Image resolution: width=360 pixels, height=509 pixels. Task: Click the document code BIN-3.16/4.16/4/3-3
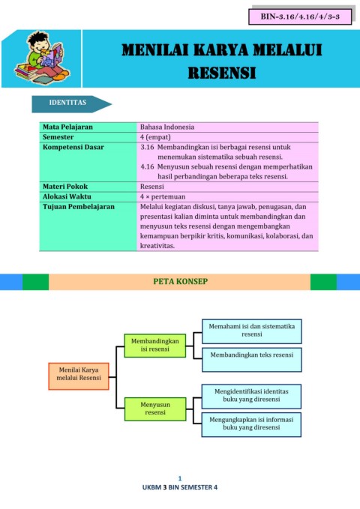(x=300, y=17)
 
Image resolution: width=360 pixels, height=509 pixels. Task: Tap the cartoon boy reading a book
(x=42, y=58)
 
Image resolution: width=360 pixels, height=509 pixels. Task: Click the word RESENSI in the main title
(x=222, y=73)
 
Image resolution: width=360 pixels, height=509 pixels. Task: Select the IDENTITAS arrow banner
(x=72, y=104)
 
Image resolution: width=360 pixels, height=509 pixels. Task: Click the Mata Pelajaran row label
(x=67, y=127)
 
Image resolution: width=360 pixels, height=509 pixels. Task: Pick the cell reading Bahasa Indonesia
(x=167, y=127)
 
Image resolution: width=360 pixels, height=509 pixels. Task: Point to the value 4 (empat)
(x=155, y=137)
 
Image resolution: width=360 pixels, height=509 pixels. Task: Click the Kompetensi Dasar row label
(x=73, y=147)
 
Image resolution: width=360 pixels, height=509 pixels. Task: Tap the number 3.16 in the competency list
(x=147, y=147)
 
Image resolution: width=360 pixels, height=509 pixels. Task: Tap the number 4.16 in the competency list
(x=147, y=167)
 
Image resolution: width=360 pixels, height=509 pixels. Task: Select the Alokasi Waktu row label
(x=67, y=196)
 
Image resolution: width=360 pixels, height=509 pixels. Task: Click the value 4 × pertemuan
(x=163, y=196)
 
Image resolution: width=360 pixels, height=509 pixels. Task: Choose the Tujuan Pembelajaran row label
(x=79, y=207)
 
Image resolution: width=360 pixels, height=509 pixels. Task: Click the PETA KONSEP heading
(x=180, y=281)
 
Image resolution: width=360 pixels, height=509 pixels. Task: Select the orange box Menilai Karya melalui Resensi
(x=79, y=376)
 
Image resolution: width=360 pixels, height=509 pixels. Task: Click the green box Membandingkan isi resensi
(x=155, y=346)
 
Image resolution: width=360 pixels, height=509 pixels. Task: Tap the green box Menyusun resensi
(x=155, y=409)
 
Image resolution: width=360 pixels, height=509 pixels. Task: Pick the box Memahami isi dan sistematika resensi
(x=252, y=331)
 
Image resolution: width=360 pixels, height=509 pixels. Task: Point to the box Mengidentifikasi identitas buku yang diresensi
(x=251, y=397)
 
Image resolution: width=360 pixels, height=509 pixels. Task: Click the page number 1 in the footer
(x=180, y=478)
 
